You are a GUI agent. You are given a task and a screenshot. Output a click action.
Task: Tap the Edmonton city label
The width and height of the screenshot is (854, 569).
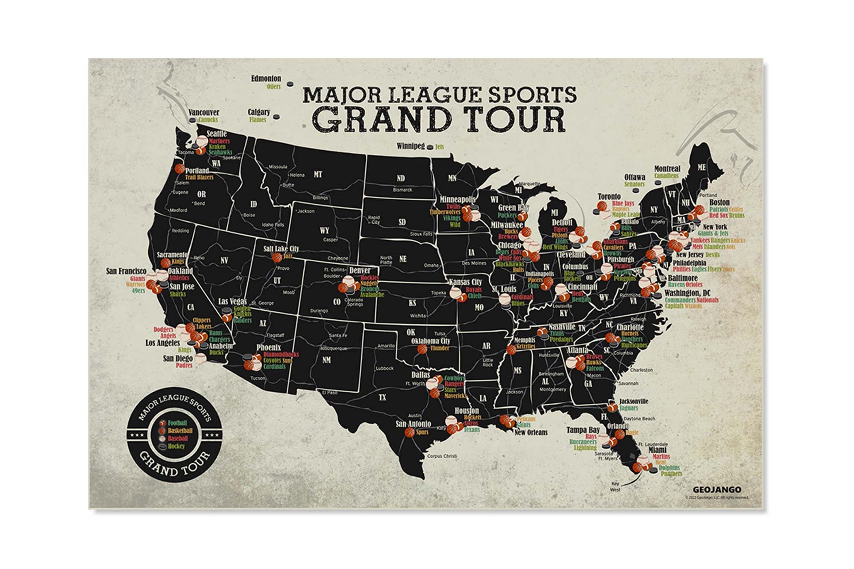266,79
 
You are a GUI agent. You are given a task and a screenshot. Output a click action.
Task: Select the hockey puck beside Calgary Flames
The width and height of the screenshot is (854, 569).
276,116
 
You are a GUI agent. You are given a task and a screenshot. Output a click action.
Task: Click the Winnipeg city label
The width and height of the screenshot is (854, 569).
411,146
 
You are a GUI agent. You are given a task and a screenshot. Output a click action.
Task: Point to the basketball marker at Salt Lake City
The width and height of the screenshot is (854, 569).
277,257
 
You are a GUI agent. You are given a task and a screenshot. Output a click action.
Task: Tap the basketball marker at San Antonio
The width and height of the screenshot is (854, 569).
409,432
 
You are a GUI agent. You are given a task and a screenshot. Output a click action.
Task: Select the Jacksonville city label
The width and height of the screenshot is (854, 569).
634,401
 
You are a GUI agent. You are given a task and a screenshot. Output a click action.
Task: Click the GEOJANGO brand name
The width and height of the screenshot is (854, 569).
717,489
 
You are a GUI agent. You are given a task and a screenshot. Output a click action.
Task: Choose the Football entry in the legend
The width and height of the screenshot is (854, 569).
177,423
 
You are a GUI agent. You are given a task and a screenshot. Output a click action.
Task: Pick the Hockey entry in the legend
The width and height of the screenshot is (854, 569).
176,446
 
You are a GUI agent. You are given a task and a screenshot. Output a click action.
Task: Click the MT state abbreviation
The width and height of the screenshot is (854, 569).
318,175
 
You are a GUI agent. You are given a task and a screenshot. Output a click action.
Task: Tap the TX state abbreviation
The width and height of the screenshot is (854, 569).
382,397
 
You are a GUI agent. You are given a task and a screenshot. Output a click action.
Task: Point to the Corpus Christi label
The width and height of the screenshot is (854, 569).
442,456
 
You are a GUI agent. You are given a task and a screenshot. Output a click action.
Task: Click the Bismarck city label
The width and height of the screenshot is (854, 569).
402,190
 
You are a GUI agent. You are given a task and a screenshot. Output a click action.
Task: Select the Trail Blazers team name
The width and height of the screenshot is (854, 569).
199,177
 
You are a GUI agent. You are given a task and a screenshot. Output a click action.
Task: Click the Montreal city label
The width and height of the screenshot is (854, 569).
667,169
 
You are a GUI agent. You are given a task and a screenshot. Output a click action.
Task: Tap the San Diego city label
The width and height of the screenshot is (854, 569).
178,359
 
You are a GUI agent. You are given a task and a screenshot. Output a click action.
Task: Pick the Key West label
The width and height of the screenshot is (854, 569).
615,487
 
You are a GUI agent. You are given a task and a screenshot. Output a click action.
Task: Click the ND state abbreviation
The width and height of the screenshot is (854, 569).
400,178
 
